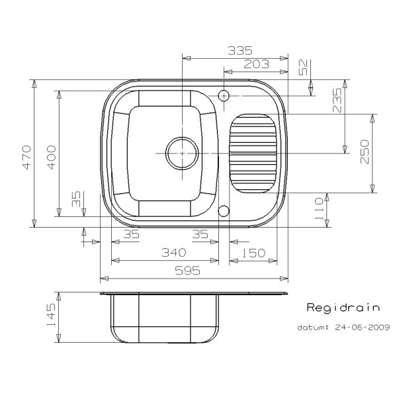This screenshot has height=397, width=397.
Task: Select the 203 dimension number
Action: (x=255, y=64)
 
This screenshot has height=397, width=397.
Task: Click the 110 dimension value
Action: (x=318, y=208)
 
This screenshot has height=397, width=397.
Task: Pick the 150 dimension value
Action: (x=253, y=253)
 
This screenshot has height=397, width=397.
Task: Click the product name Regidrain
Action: (x=343, y=308)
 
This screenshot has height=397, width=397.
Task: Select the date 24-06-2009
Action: (x=363, y=327)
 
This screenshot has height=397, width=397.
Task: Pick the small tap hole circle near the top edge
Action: (x=224, y=95)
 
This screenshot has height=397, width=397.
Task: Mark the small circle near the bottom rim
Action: (x=224, y=210)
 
